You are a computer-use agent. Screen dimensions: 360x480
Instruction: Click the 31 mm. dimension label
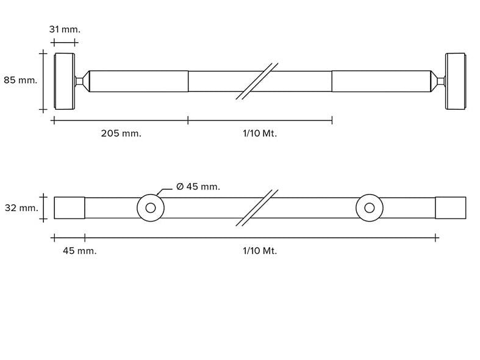[65, 29]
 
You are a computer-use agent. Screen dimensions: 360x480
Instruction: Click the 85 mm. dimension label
[20, 80]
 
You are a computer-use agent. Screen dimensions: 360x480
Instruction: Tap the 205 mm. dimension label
[121, 134]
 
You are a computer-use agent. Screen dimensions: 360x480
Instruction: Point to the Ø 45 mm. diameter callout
[198, 187]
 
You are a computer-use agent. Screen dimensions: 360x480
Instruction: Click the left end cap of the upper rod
[65, 81]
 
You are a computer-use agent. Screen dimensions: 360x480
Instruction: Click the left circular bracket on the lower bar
[150, 208]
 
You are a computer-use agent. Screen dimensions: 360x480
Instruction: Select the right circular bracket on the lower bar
[369, 208]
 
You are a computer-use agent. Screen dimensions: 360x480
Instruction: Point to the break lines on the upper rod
[257, 81]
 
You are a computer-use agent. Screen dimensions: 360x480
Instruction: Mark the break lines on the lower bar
[257, 208]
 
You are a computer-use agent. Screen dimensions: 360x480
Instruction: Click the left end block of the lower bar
[69, 208]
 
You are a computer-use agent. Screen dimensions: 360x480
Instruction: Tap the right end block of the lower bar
[450, 208]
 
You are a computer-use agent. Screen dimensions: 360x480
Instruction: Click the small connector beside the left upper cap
[79, 81]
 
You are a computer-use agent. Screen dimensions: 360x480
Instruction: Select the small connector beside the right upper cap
[440, 81]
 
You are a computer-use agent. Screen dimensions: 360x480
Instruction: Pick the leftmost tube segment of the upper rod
[138, 81]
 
